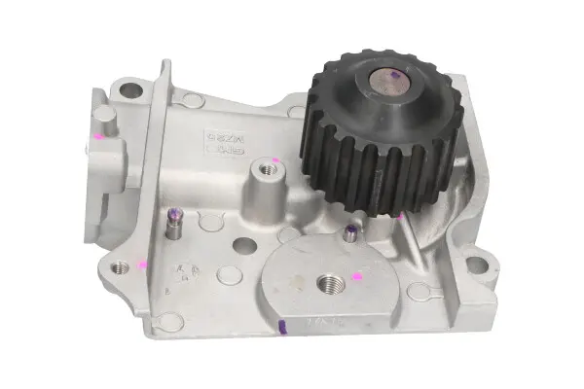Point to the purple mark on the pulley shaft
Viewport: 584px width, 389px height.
coord(392,74)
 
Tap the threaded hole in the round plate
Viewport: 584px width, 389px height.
coord(328,283)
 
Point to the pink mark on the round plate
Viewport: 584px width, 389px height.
coord(357,277)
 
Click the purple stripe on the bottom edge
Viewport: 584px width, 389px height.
coord(281,326)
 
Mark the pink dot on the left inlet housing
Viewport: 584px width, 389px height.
coord(99,138)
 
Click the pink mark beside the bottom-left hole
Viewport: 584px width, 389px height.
coord(142,264)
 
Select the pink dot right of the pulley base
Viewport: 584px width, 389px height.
coord(399,216)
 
